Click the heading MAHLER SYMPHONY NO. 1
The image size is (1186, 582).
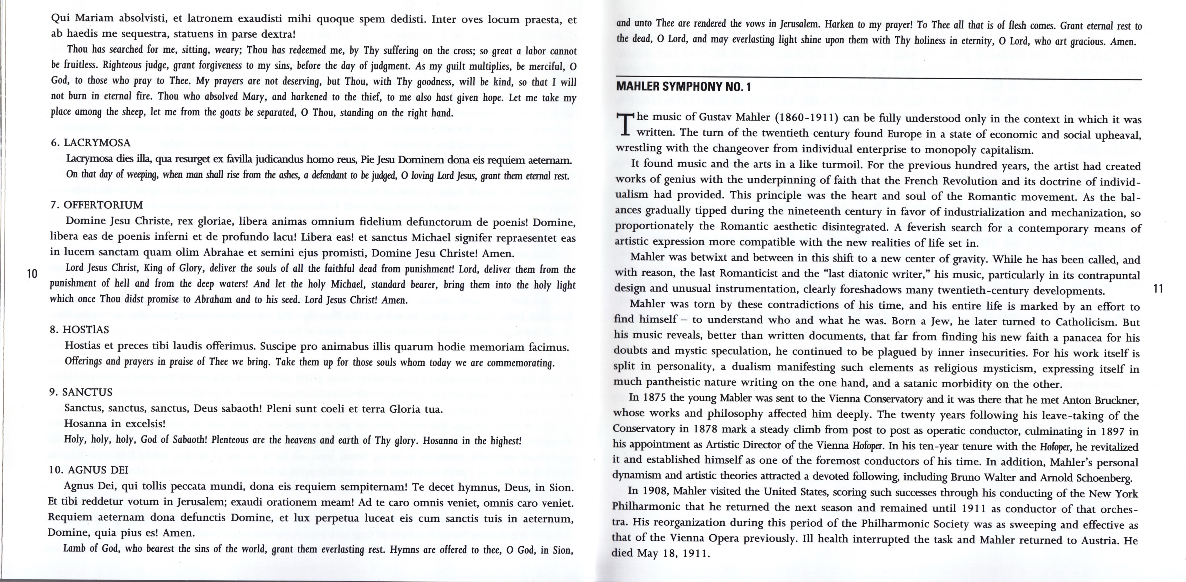tap(683, 86)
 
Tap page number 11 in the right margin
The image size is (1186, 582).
tap(1158, 289)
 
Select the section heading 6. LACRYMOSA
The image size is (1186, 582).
tap(91, 143)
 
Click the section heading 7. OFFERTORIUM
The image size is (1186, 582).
tap(97, 205)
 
